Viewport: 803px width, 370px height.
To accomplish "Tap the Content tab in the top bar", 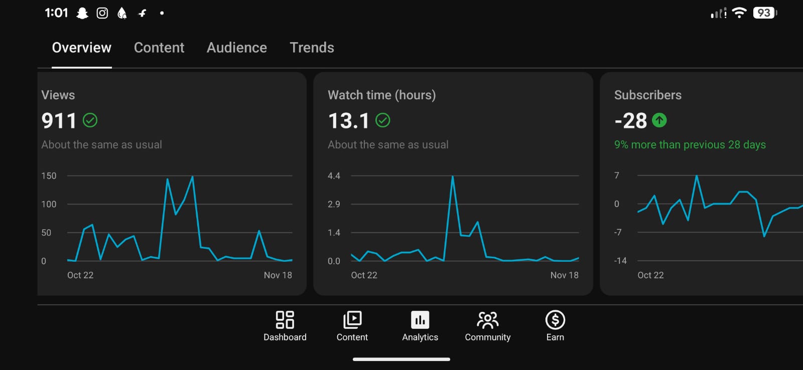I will [159, 48].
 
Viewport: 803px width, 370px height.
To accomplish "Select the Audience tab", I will [237, 48].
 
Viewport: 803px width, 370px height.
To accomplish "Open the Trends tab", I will [312, 48].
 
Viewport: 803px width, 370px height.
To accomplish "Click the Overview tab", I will [82, 48].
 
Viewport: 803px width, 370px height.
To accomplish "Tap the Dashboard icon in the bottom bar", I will [285, 320].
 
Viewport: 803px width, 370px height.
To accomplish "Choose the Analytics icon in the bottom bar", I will [420, 320].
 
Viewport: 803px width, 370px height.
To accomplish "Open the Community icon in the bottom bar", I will [487, 320].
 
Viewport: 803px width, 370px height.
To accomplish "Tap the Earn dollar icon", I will [555, 320].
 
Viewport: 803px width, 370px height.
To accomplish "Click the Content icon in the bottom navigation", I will [352, 320].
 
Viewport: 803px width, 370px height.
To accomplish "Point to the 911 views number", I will [59, 121].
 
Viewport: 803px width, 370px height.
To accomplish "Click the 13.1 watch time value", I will [349, 121].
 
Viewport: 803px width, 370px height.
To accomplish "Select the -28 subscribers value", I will [631, 121].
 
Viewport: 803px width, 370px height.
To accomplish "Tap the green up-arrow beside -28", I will [659, 120].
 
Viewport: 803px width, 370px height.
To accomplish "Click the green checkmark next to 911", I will [90, 120].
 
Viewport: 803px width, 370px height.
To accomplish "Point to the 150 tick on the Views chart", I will [49, 176].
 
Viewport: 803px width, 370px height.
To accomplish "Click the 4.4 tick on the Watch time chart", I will [334, 176].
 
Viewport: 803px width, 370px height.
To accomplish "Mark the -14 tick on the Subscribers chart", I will [620, 261].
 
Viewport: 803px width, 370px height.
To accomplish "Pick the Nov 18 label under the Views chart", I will [278, 275].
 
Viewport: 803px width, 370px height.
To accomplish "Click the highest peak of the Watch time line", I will [452, 177].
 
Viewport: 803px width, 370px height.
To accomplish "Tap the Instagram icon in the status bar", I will [102, 13].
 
